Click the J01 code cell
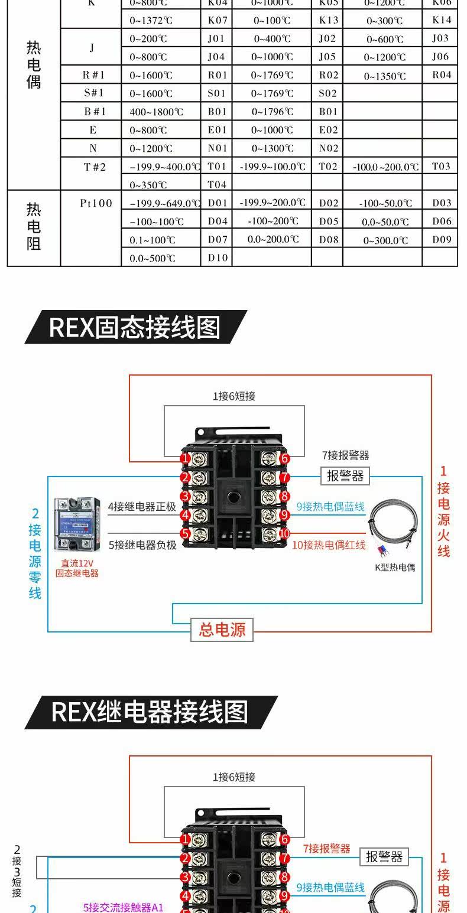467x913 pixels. pos(216,39)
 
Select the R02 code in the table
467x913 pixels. pos(329,75)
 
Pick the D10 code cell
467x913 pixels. pos(218,258)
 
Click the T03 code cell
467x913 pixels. pos(441,167)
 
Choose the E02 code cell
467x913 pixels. pos(329,130)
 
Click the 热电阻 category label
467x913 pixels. pos(34,227)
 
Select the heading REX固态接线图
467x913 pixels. pos(135,327)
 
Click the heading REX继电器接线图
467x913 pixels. pos(150,712)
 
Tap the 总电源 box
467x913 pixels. pos(222,630)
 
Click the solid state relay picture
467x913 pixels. pos(77,523)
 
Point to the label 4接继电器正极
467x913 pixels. pos(142,507)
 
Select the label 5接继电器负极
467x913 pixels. pos(142,545)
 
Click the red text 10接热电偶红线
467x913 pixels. pos(329,545)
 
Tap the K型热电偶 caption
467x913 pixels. pos(395,568)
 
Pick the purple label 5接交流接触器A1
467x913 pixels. pos(123,907)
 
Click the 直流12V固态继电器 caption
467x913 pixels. pos(77,568)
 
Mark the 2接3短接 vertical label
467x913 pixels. pos(17,870)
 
